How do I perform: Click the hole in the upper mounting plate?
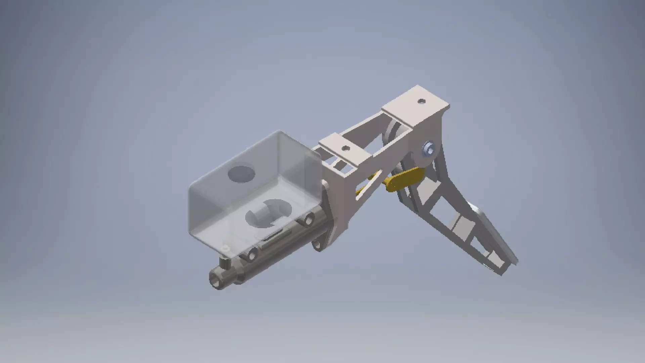[421, 101]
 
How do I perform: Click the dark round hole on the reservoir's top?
[241, 174]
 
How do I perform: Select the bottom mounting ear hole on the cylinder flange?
[317, 244]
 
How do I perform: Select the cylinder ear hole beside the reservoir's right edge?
[307, 221]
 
